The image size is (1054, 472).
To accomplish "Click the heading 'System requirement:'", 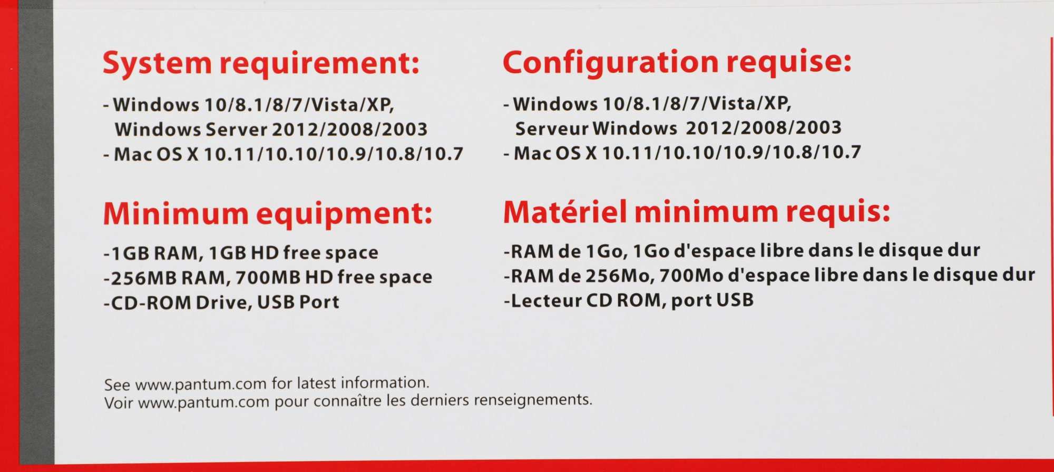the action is click(261, 64).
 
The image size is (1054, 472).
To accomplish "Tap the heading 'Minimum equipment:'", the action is click(268, 214).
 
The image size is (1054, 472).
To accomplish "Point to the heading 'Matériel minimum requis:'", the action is click(697, 212).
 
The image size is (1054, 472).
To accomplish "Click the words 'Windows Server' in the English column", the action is click(191, 130).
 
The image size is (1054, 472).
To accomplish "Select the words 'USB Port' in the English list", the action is click(298, 302).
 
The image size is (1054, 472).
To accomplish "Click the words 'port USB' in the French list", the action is click(713, 300).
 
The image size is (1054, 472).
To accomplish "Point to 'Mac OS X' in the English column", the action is click(157, 154).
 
